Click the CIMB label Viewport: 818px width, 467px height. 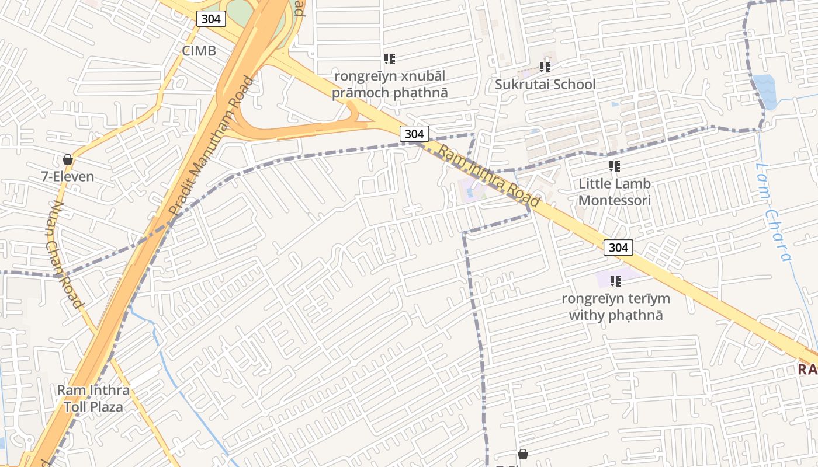pos(199,51)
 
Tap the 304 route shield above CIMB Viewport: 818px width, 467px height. pos(210,19)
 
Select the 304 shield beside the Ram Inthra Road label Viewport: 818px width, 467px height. pos(414,134)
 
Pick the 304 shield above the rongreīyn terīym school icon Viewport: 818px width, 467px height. pos(618,248)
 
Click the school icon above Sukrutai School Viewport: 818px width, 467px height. pos(545,67)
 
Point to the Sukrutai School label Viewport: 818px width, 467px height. pos(545,84)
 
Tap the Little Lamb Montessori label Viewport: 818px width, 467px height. pos(614,192)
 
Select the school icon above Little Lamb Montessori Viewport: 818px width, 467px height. pos(614,166)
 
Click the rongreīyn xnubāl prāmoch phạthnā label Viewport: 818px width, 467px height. pos(390,84)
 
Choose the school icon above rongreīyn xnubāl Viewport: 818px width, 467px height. pos(390,58)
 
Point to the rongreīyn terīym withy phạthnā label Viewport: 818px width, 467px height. pos(616,307)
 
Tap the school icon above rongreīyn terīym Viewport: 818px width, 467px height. pos(615,281)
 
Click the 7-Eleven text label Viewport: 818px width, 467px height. pos(68,176)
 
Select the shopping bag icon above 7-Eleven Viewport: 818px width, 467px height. pos(68,159)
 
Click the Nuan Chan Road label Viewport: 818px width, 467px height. pos(64,255)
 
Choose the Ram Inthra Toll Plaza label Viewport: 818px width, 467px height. pos(93,398)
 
